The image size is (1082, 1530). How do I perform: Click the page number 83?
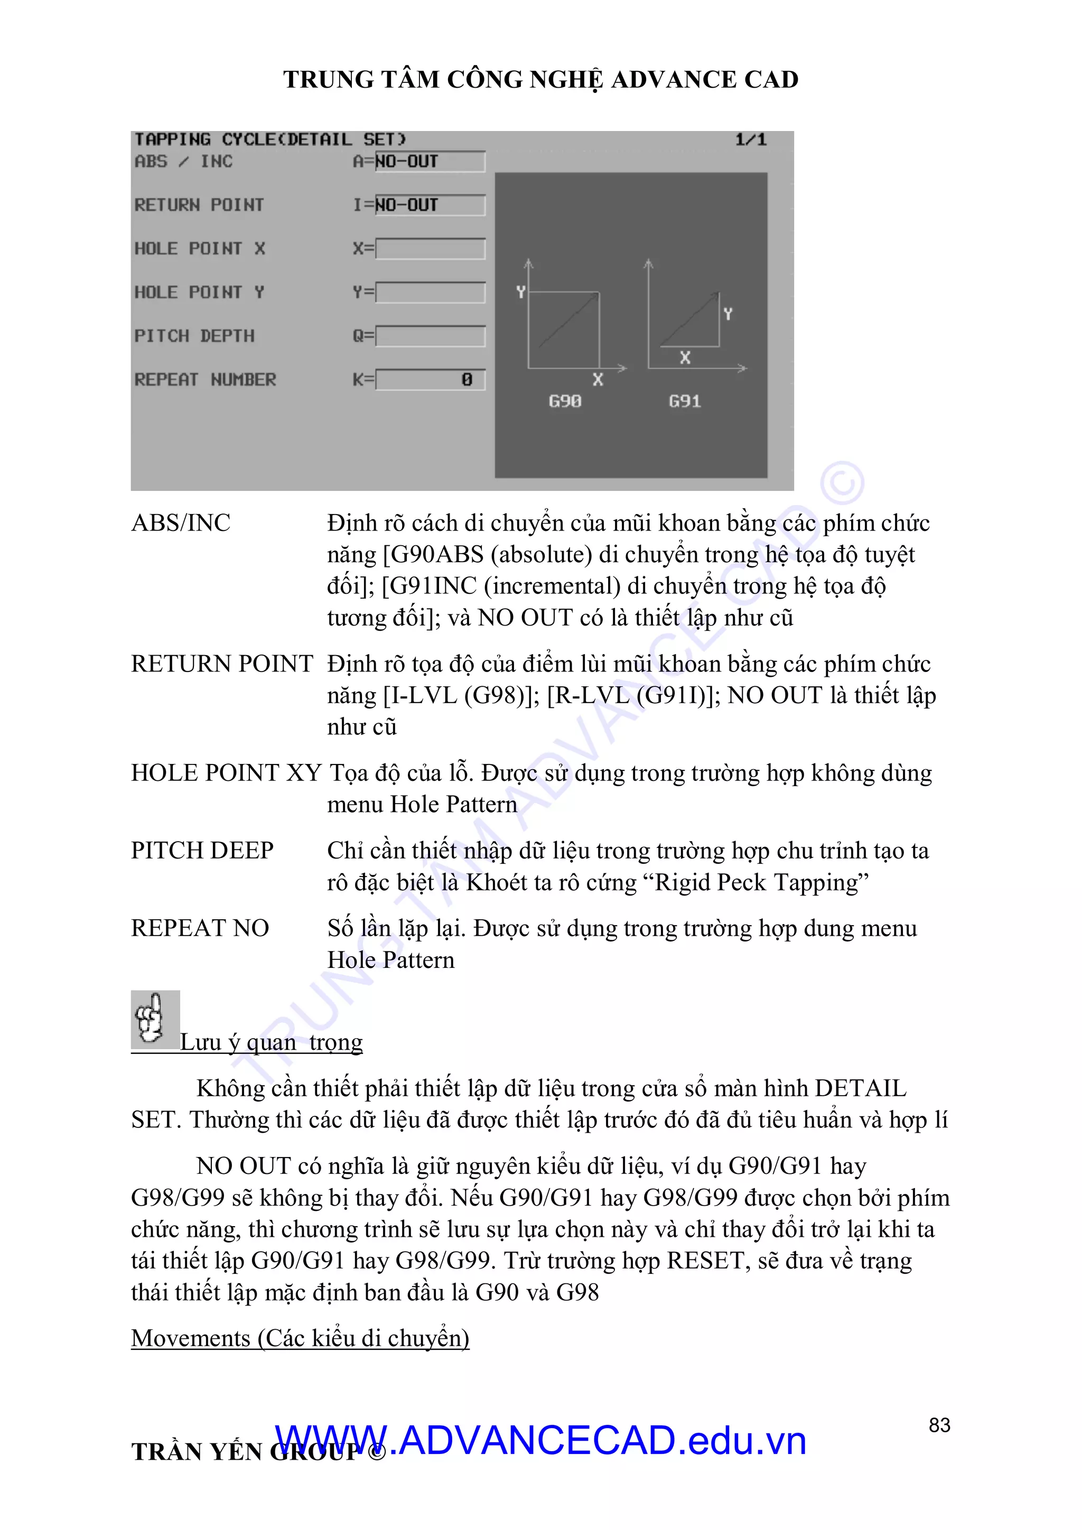point(939,1425)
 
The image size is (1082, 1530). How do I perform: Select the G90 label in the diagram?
point(564,401)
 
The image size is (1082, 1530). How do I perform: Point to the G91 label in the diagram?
point(684,401)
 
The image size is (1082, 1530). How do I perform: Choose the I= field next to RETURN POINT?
point(430,205)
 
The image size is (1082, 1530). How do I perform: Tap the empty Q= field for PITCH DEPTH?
point(430,336)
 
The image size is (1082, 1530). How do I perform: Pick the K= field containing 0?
point(430,380)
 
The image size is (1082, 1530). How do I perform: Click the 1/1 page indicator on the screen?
point(750,140)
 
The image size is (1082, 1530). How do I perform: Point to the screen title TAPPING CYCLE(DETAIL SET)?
point(270,140)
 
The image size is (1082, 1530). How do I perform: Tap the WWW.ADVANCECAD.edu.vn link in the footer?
point(539,1441)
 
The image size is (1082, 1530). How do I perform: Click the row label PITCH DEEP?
point(202,850)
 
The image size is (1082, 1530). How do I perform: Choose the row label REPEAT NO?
point(200,928)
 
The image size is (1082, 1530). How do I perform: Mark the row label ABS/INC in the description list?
point(181,523)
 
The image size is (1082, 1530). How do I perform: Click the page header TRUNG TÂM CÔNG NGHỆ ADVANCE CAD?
point(540,79)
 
